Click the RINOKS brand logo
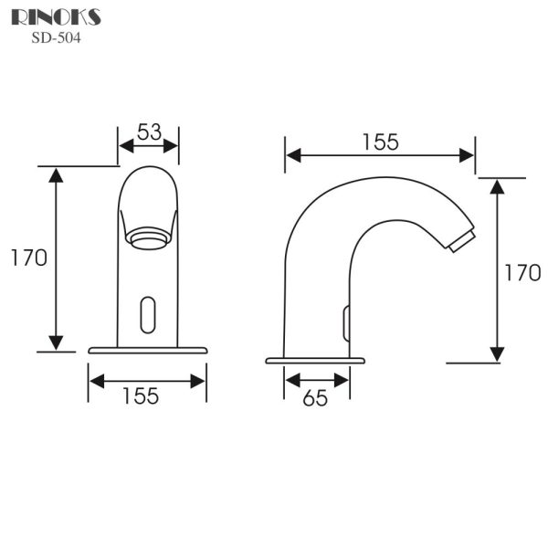(x=57, y=17)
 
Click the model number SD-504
(x=58, y=37)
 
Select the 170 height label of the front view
(x=28, y=258)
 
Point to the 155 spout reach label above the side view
(x=379, y=142)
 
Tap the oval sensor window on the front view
(x=147, y=313)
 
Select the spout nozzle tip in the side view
(x=463, y=239)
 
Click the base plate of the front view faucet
(x=147, y=350)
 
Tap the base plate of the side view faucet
(x=315, y=360)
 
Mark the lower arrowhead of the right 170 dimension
(x=498, y=353)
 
